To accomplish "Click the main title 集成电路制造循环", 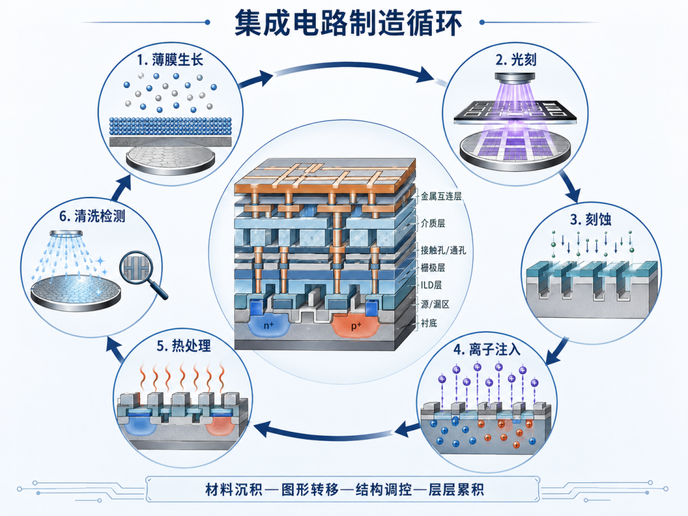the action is pos(348,23).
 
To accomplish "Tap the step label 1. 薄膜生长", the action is pos(171,60).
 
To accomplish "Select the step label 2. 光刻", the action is pos(516,60).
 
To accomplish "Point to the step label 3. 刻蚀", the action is pos(591,219).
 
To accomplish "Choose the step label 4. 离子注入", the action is pos(487,350).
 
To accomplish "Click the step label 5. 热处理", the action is pos(184,346).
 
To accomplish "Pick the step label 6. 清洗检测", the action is pos(92,216).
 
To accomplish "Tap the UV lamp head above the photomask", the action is pos(515,78).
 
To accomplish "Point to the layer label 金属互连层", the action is pos(441,196).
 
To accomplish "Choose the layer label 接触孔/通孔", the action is pos(443,250).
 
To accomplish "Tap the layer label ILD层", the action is pos(431,285).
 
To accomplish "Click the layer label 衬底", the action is pos(429,324).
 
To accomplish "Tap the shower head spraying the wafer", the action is pos(66,233).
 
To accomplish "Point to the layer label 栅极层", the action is pos(433,268).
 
